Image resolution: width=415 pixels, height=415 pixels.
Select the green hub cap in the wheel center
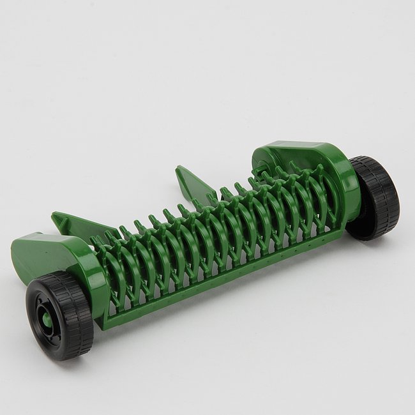tap(46, 316)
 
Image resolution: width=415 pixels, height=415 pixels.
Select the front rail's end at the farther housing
tap(338, 234)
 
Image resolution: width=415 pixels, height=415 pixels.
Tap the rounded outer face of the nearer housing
tap(93, 268)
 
